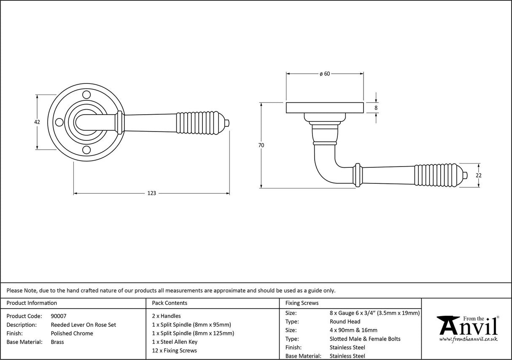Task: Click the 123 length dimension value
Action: [151, 193]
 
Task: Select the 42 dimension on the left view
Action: [37, 122]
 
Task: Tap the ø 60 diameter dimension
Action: [324, 74]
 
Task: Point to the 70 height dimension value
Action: [261, 145]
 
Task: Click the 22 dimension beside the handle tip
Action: [479, 175]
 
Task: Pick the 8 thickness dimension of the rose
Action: [376, 108]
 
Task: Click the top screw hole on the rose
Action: [86, 94]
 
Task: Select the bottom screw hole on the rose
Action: [86, 150]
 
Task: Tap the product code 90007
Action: [58, 316]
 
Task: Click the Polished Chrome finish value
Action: [72, 333]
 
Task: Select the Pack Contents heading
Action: [169, 303]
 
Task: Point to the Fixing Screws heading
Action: [302, 303]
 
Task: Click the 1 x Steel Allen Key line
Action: [175, 342]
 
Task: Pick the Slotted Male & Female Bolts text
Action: [365, 339]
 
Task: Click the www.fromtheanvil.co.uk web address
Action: [468, 339]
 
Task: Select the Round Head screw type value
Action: [345, 322]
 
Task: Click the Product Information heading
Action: [32, 303]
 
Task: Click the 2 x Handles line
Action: [166, 316]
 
